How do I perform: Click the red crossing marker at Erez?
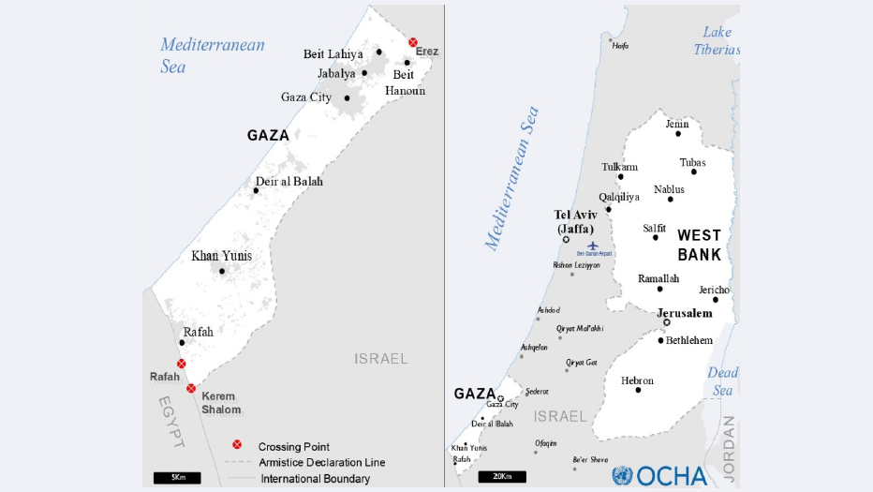click(x=413, y=42)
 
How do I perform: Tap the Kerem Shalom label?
click(x=221, y=403)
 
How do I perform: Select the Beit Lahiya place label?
click(x=333, y=54)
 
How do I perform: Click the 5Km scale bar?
click(x=178, y=478)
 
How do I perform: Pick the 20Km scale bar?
click(x=501, y=477)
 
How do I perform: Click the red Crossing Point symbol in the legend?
click(x=237, y=446)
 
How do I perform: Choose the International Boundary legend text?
click(x=315, y=479)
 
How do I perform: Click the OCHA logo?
click(x=660, y=475)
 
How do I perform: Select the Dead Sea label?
click(x=722, y=381)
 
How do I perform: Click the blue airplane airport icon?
click(x=592, y=246)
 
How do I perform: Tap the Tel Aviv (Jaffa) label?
click(x=576, y=221)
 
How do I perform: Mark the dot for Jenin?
click(x=678, y=134)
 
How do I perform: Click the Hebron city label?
click(x=637, y=380)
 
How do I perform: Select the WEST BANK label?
click(x=699, y=245)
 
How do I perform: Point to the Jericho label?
click(x=714, y=290)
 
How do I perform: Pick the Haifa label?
click(x=619, y=45)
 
